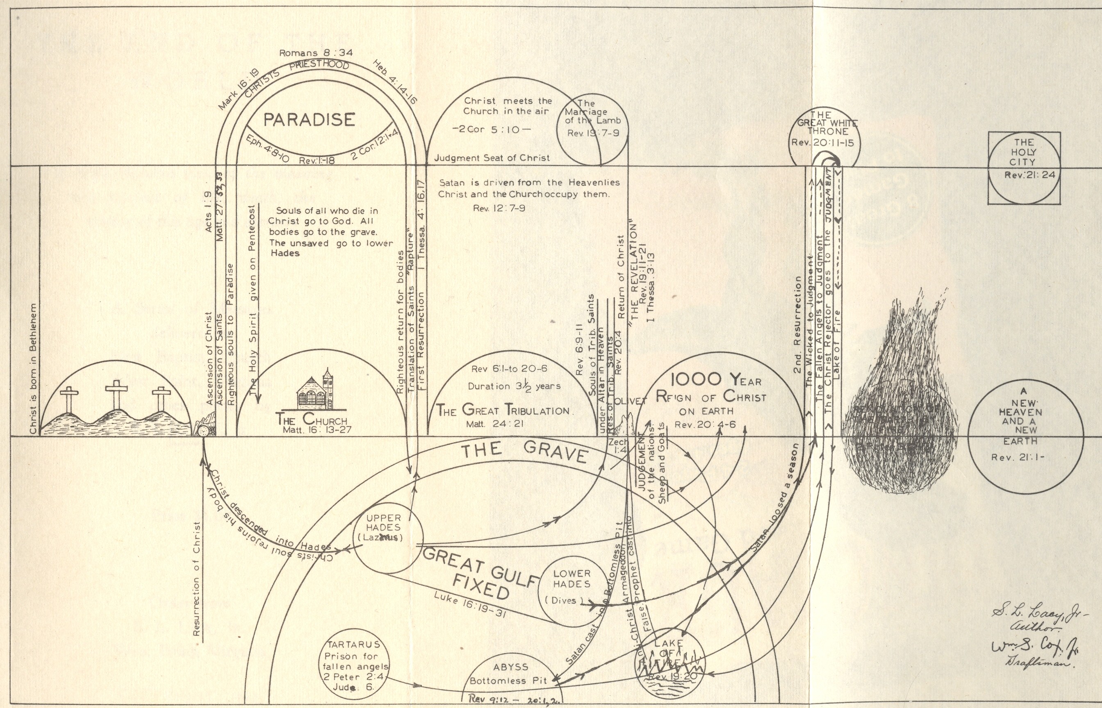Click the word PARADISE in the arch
(309, 120)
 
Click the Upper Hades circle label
(383, 528)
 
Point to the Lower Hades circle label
(571, 579)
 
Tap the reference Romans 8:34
(316, 53)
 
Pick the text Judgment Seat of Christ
(492, 158)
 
